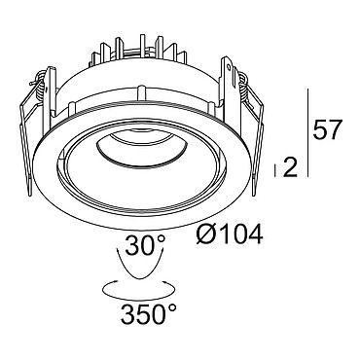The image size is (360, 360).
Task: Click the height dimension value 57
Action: (327, 129)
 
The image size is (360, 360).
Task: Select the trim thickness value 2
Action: (290, 167)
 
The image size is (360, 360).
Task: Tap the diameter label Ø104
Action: (230, 234)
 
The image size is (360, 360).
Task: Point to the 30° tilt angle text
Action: (145, 245)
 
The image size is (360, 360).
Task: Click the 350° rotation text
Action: (149, 314)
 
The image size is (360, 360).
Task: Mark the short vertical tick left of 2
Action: (275, 170)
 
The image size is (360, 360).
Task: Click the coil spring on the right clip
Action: (244, 87)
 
